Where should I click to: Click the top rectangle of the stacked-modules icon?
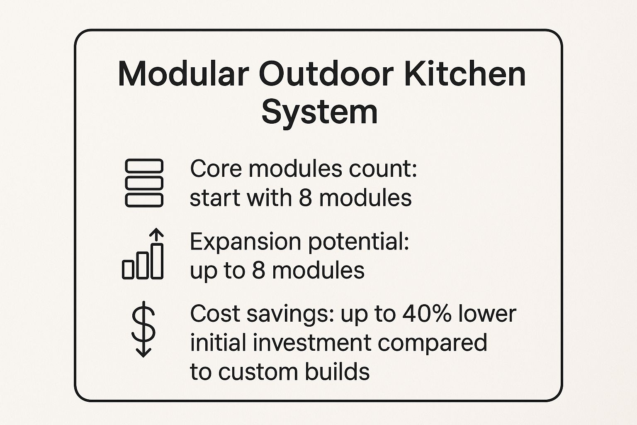(144, 166)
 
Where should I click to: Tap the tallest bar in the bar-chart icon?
(157, 261)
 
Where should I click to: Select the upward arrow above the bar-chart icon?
(156, 235)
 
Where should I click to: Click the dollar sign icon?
(143, 324)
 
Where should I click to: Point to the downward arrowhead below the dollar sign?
(143, 352)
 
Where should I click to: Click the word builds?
(337, 371)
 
